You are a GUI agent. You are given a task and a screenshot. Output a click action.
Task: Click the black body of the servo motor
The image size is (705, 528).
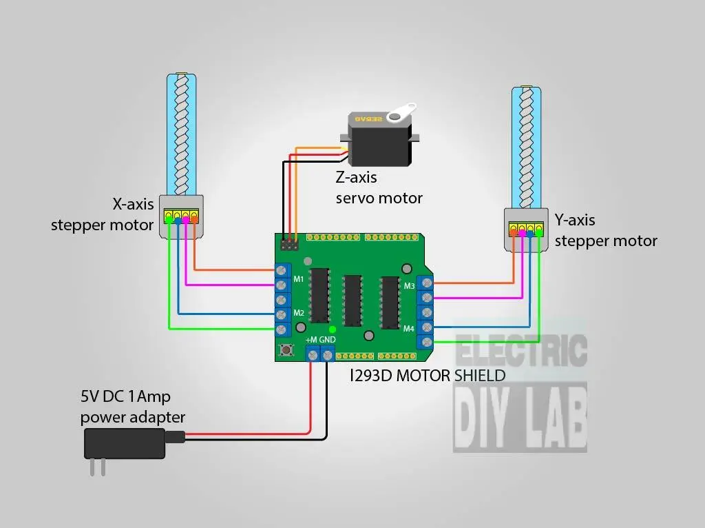point(379,145)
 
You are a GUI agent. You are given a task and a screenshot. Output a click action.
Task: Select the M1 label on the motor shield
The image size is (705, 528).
point(299,279)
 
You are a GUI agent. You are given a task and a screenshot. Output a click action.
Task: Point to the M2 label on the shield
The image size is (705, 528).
point(299,313)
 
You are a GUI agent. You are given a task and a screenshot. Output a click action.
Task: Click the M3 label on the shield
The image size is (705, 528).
point(409,285)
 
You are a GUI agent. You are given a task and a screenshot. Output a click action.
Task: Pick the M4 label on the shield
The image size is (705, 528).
point(409,328)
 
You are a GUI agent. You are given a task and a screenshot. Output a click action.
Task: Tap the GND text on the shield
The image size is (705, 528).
point(328,341)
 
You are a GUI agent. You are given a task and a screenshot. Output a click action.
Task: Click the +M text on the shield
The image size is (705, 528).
point(311,341)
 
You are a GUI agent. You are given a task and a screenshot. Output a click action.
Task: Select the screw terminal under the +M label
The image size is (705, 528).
point(313,355)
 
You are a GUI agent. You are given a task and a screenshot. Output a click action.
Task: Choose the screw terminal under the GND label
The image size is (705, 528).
point(328,355)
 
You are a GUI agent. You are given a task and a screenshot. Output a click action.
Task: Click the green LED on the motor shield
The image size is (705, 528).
point(332,329)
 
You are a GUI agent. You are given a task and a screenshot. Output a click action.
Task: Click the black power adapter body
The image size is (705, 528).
point(125,443)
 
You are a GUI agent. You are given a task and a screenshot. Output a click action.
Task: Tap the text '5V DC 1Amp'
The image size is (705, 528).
point(125,396)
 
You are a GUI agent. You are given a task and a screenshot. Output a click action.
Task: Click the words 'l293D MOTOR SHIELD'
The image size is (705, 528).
point(428,376)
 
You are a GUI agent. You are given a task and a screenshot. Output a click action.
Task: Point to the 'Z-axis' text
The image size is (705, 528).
point(356,177)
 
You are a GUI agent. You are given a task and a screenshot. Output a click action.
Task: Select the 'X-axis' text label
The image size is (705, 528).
point(133,204)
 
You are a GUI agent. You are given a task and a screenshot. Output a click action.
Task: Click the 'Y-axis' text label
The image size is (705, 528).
point(575,221)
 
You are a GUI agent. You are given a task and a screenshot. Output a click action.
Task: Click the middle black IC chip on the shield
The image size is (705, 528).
point(352,300)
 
